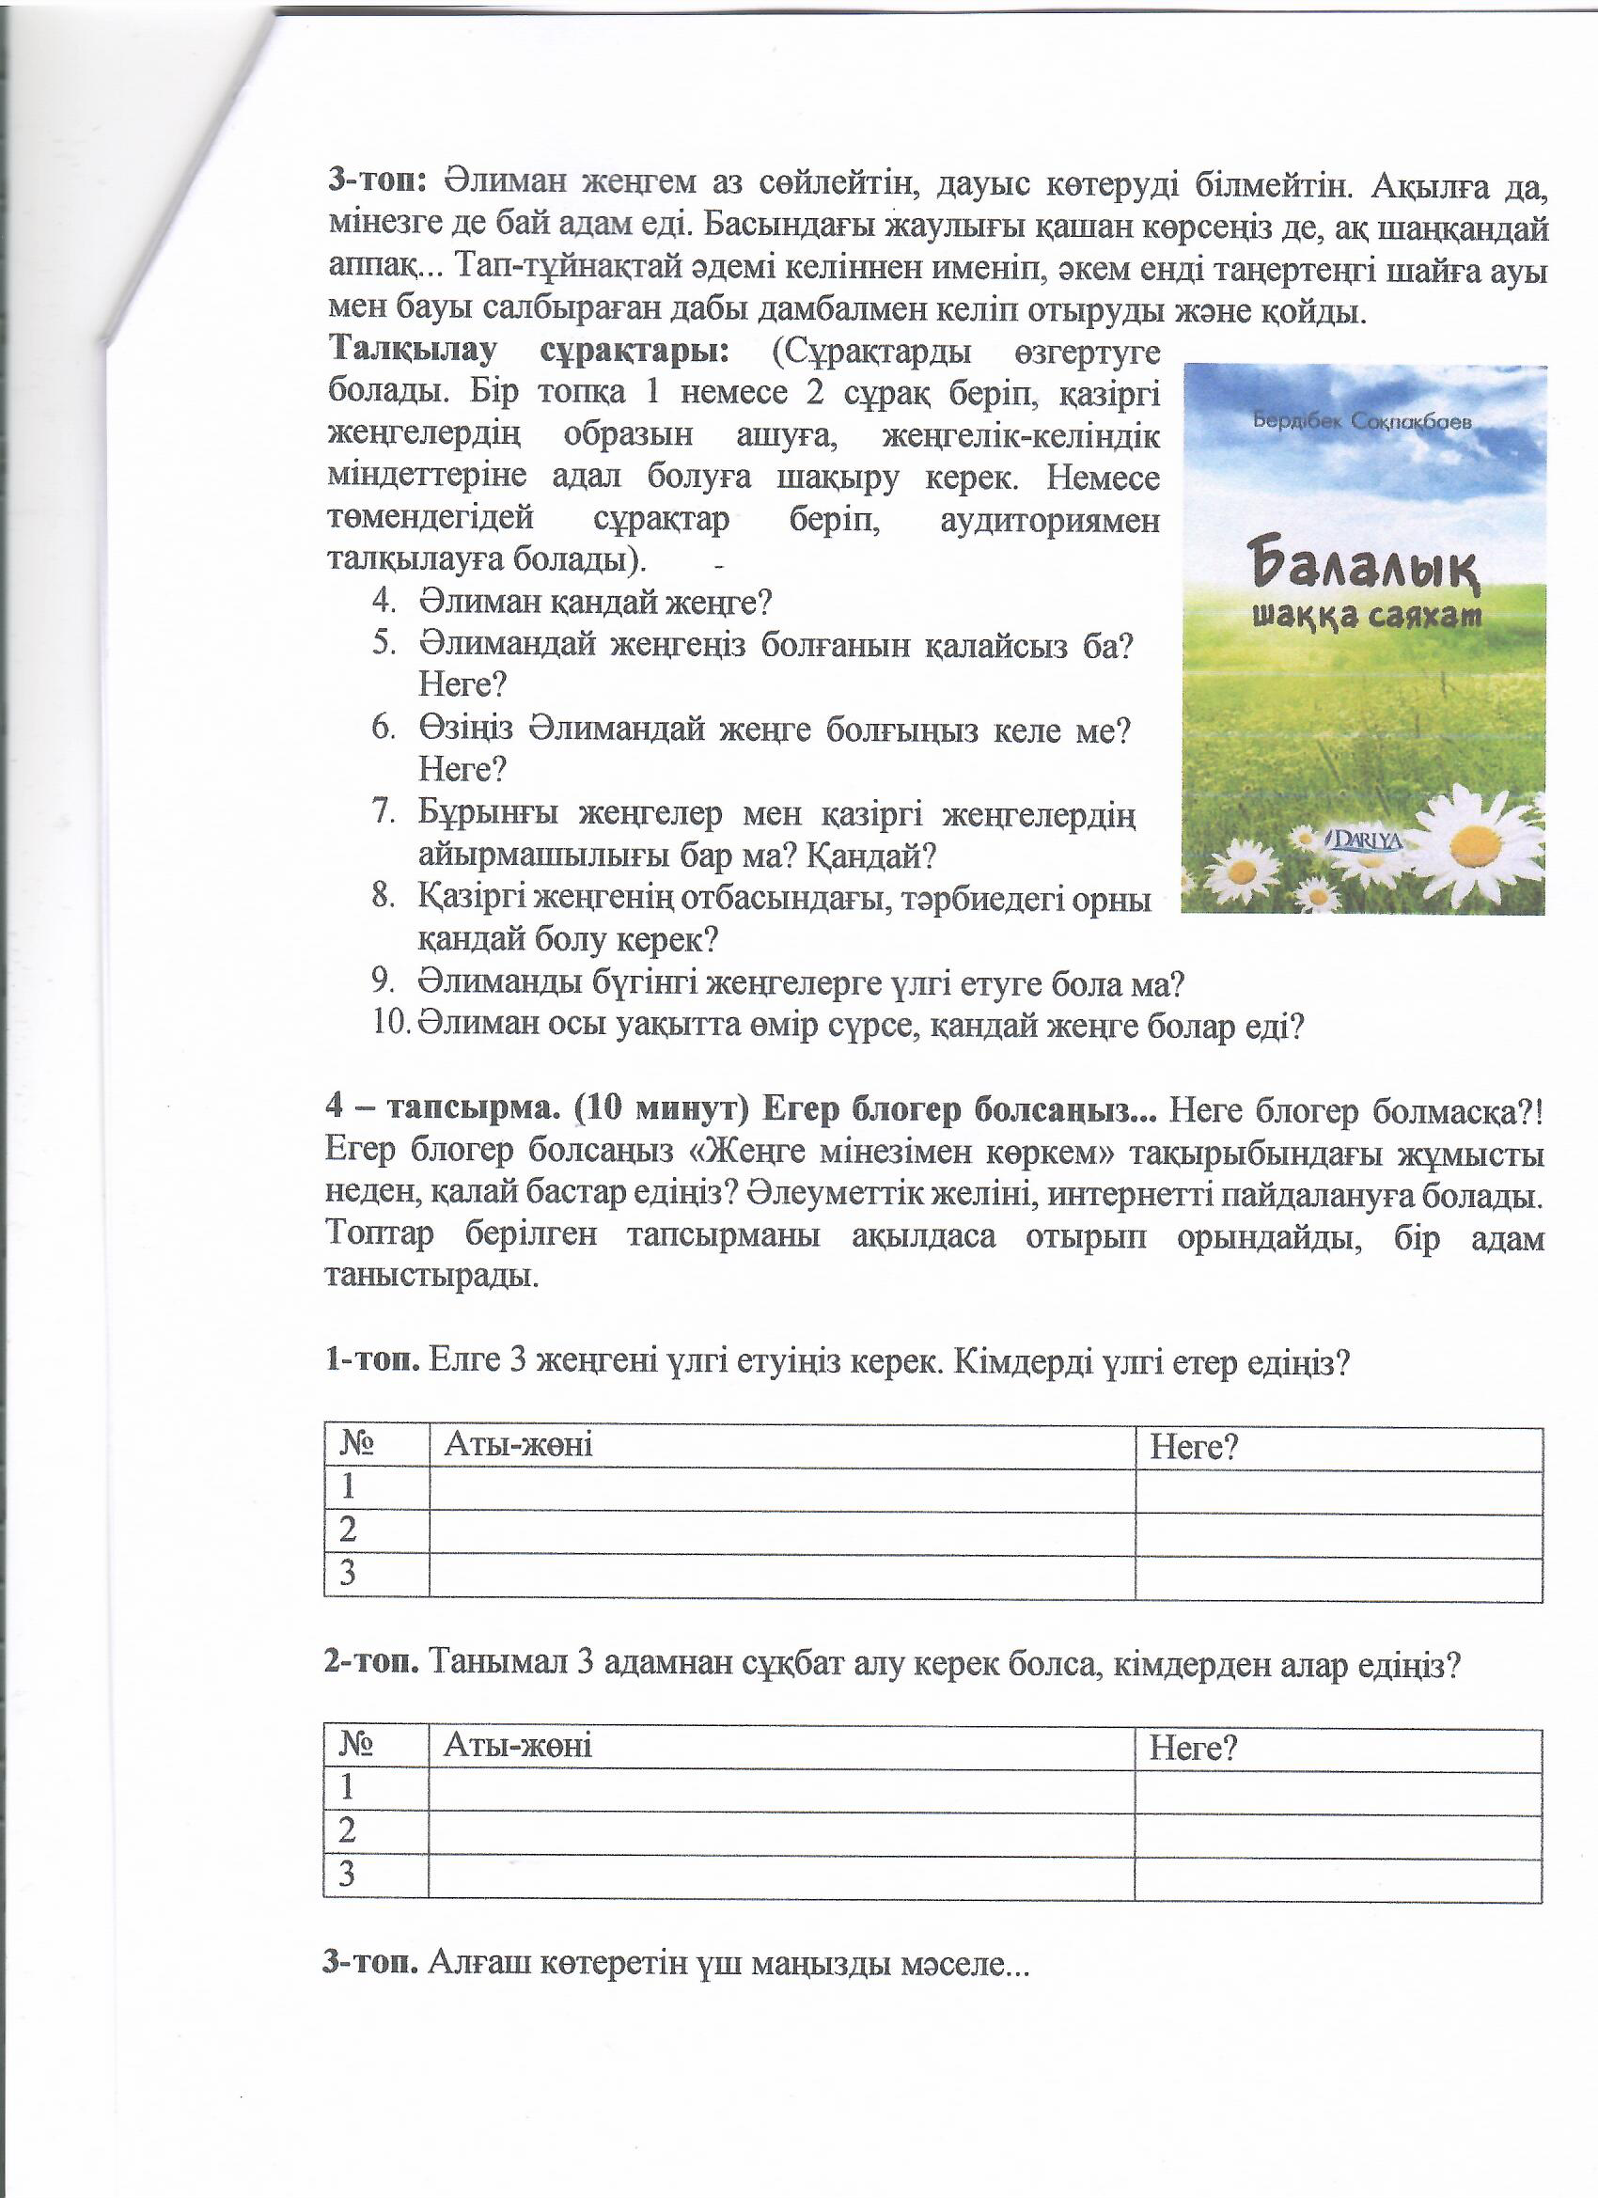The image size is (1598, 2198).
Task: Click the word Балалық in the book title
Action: point(1362,566)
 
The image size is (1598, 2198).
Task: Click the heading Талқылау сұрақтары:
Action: point(528,351)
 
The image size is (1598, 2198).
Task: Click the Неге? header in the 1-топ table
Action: point(1194,1448)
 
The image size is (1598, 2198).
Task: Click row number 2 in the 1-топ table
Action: point(348,1531)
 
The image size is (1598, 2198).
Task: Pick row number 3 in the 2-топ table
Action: point(347,1875)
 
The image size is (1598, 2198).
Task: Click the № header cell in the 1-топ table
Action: point(357,1446)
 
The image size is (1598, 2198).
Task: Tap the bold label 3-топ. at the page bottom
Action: point(371,1965)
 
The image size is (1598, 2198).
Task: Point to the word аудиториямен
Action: point(1049,521)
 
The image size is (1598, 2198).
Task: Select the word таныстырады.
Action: point(431,1277)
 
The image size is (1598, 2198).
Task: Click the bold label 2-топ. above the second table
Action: point(371,1665)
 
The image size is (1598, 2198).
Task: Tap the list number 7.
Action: point(383,812)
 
